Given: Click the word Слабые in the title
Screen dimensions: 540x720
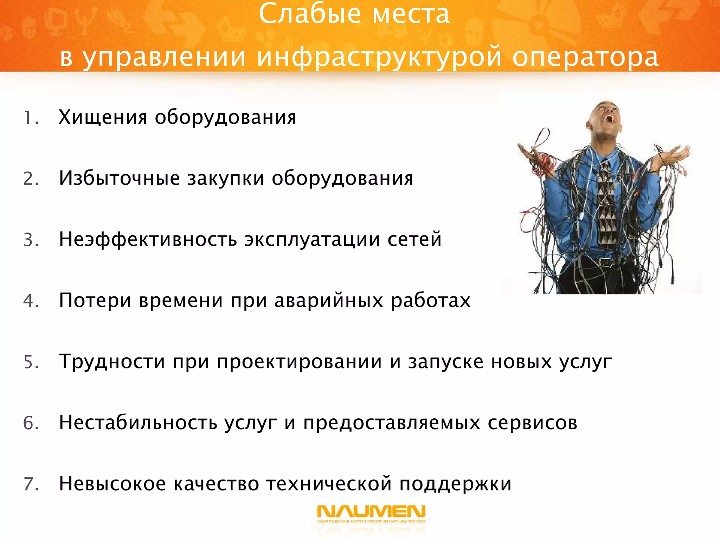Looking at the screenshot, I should click(310, 14).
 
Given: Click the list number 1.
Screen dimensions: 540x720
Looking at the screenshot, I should click(30, 118).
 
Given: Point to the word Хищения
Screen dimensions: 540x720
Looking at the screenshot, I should click(103, 117).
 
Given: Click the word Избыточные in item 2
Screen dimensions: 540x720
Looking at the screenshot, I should click(119, 178).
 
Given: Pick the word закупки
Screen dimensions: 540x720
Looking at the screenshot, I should click(225, 179).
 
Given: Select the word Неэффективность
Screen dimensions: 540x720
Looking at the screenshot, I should click(148, 239).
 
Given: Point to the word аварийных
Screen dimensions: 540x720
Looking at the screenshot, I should click(328, 301).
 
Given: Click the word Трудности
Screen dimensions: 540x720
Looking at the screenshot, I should click(112, 361).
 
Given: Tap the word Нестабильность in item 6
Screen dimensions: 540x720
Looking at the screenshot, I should click(138, 422).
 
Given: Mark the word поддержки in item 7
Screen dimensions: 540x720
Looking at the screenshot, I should click(455, 484).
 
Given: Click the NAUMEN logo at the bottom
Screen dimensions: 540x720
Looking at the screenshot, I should click(371, 513).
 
